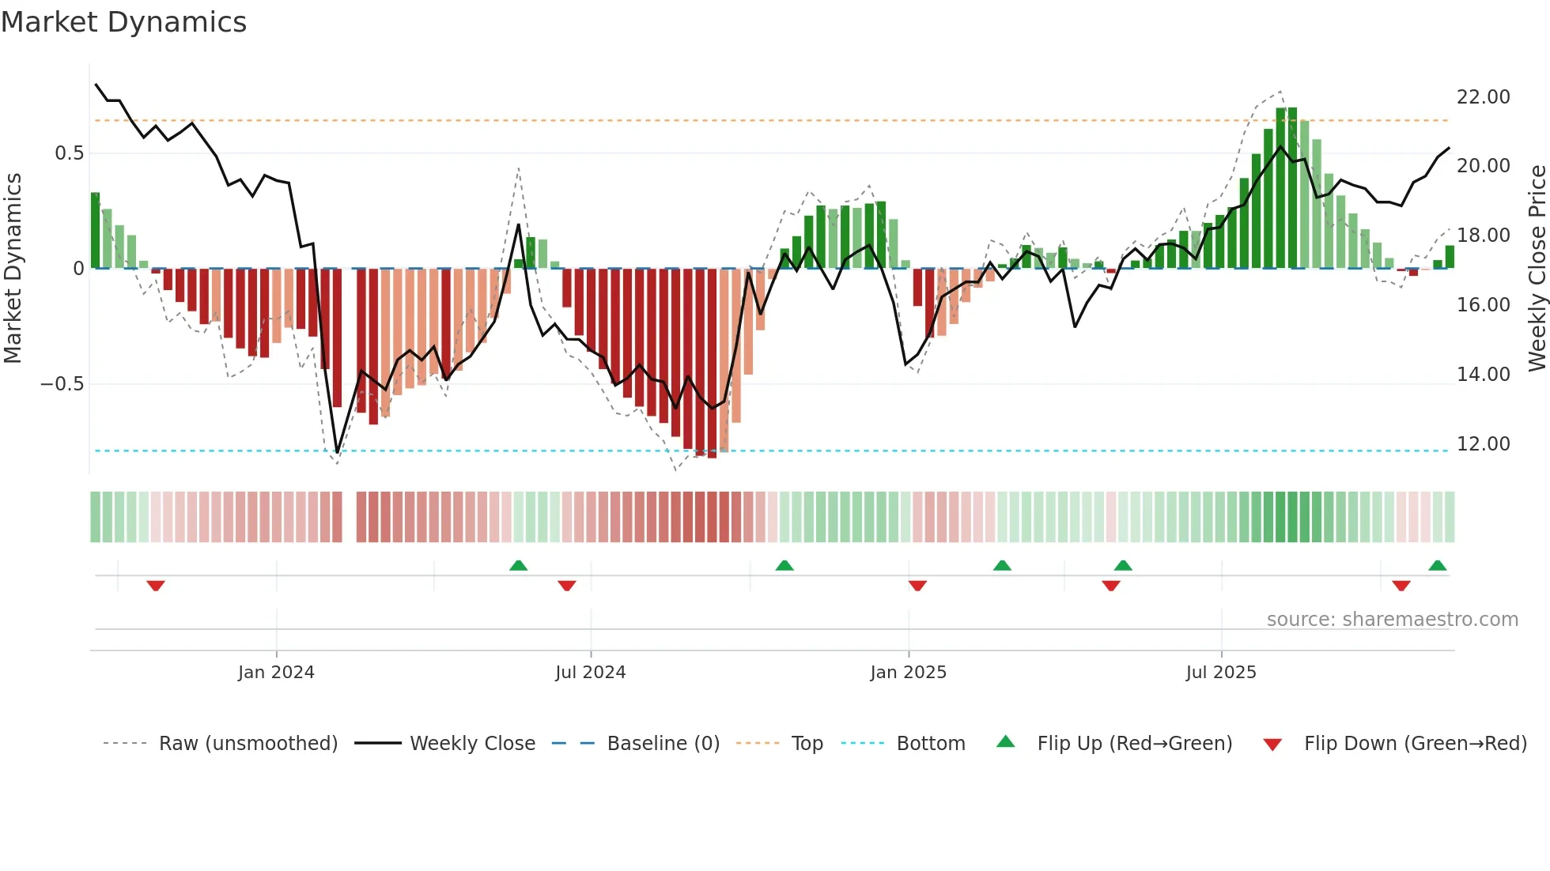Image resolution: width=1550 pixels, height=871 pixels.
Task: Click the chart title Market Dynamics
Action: (124, 22)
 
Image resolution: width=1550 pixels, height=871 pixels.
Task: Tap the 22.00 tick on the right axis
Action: (1483, 97)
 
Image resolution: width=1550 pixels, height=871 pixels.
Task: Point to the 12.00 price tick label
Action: (1483, 444)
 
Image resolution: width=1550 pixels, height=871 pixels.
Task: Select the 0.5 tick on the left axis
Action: (69, 153)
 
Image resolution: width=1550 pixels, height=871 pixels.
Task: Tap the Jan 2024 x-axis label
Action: (276, 673)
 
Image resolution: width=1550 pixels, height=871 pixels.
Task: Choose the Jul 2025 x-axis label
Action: (1220, 673)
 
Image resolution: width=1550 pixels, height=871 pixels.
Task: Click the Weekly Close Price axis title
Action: (1537, 269)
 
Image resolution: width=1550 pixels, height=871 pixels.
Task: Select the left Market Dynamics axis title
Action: (13, 269)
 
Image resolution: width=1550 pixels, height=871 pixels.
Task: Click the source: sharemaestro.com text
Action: (1392, 620)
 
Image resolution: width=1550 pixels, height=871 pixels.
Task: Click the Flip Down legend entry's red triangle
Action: (1272, 745)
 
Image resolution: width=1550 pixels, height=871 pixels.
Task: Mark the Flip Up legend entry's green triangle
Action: (1005, 742)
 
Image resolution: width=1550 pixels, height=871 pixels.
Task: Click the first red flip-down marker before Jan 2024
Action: (156, 586)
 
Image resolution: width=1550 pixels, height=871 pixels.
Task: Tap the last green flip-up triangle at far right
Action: (1438, 566)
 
